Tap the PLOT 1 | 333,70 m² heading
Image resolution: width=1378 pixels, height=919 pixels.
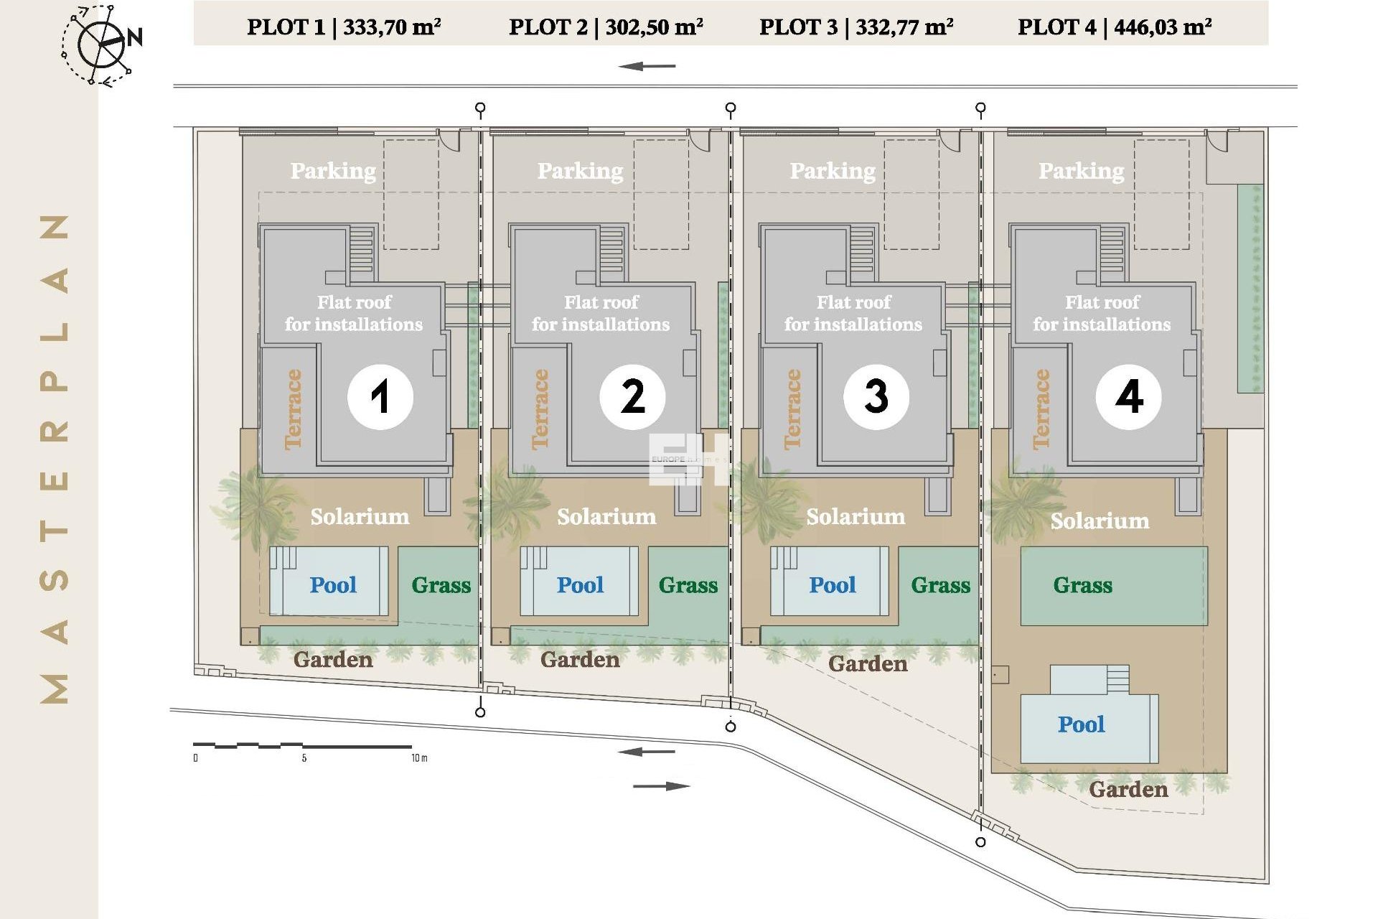click(344, 27)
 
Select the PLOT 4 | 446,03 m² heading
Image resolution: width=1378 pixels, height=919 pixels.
click(1115, 27)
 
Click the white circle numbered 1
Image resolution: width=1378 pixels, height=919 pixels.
click(380, 397)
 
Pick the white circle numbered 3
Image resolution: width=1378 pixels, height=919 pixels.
click(876, 397)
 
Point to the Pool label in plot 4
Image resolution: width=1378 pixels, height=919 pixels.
click(1081, 724)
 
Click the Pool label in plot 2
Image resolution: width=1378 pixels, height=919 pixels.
click(580, 585)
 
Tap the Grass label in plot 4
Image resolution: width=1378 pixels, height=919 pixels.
click(1082, 585)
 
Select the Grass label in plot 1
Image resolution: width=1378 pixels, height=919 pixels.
click(441, 585)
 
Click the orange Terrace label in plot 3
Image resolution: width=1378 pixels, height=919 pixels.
click(792, 409)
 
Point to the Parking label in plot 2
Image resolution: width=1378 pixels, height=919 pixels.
click(580, 171)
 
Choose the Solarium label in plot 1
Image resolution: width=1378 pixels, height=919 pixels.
click(360, 517)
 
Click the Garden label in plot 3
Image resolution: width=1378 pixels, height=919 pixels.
click(868, 664)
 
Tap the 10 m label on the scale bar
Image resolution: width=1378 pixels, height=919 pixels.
click(419, 758)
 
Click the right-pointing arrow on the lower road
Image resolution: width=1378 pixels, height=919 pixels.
click(661, 786)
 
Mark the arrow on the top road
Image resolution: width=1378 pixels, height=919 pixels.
click(647, 67)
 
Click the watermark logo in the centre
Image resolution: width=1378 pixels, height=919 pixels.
click(685, 459)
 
